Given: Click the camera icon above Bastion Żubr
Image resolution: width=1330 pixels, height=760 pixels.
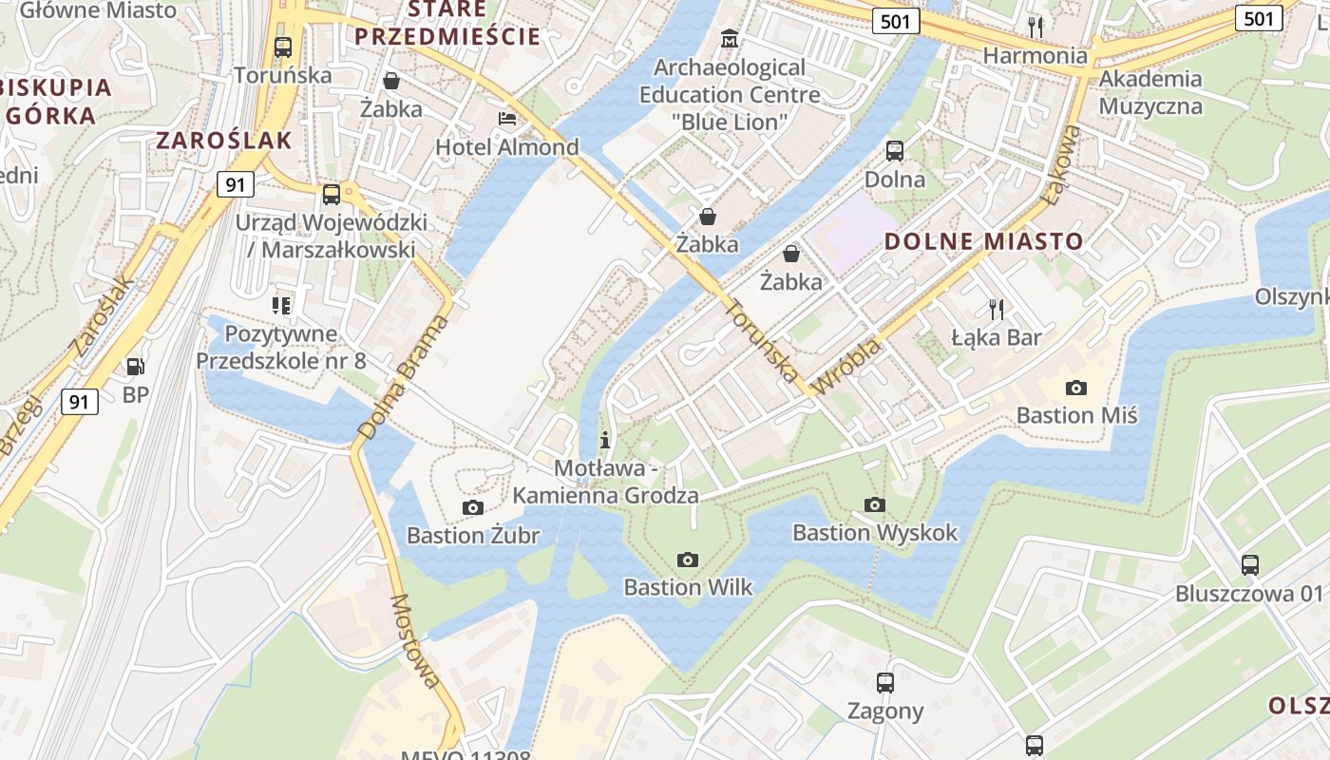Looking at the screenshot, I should [472, 508].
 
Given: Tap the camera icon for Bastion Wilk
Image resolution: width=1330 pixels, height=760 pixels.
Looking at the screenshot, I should [688, 560].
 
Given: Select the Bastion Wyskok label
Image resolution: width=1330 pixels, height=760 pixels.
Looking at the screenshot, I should [875, 532].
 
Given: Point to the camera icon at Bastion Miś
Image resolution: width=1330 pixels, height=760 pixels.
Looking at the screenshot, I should [1076, 388].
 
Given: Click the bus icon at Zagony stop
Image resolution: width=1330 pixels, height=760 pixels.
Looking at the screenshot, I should [884, 682].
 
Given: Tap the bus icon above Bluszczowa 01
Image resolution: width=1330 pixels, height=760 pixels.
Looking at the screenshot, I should [1250, 565].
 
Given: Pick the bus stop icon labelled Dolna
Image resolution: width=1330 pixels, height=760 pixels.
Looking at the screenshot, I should [894, 151].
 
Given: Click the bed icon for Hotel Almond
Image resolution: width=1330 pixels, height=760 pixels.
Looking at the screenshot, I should [507, 119].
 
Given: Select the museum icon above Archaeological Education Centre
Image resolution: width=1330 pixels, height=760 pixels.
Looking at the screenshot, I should [730, 39].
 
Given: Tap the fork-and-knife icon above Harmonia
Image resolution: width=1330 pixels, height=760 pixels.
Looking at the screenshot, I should [1035, 27].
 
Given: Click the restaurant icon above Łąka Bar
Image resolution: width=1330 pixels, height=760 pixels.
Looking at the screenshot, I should [997, 309].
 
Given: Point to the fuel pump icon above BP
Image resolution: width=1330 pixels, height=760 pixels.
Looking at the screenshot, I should [136, 366].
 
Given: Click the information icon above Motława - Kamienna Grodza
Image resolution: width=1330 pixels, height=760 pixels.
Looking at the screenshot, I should [605, 441].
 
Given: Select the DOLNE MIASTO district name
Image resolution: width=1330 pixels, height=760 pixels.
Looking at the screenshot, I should [983, 241].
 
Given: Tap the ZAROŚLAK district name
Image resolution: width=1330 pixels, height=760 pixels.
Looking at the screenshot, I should [223, 141].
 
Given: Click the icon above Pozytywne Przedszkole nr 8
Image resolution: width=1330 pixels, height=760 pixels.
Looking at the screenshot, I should [281, 306].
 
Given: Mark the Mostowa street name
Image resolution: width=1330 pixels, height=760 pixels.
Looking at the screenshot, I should [416, 641].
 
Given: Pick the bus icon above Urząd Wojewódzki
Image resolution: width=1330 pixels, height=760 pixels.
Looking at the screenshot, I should [331, 195].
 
